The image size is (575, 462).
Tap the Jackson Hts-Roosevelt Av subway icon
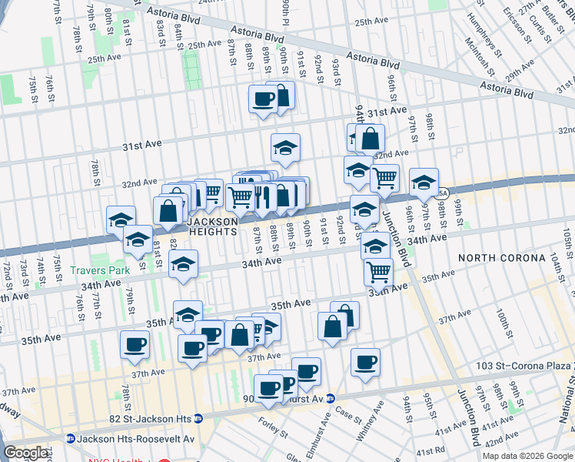pos(70,438)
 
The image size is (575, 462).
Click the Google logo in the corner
pos(25,453)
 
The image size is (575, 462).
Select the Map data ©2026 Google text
pos(527,456)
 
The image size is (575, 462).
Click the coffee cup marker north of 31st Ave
pos(263,99)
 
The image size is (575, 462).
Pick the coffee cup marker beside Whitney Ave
pos(365,361)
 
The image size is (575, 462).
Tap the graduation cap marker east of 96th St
pos(424,182)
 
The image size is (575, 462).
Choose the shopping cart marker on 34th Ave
pos(377,271)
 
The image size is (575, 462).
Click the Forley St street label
pos(273,426)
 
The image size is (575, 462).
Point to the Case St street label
pos(348,415)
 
